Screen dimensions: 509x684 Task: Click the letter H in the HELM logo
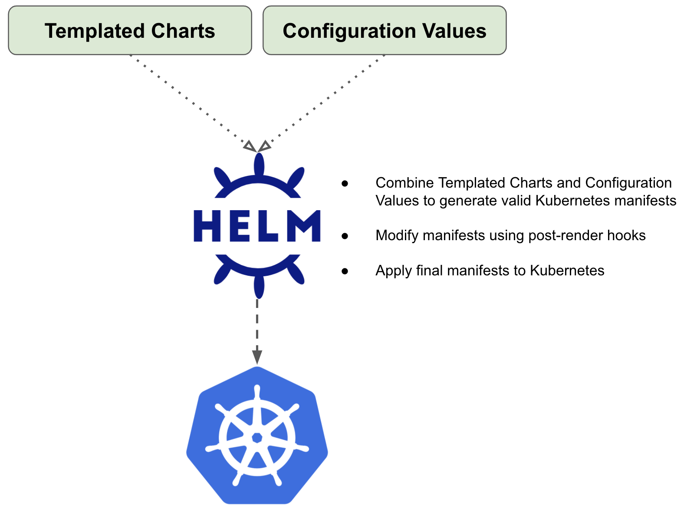pos(207,226)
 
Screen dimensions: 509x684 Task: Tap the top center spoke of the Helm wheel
pos(259,165)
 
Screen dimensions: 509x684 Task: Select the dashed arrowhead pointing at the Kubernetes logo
pos(257,357)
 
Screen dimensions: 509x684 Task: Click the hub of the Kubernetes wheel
pos(257,437)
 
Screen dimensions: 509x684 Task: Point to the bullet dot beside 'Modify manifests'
pos(345,236)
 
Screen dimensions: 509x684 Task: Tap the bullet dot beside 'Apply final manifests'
pos(345,271)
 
